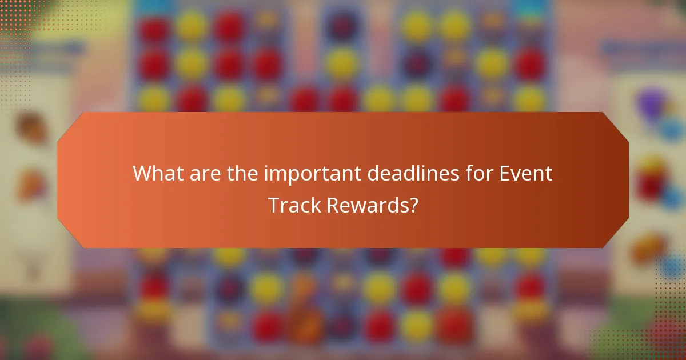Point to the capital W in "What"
(142, 174)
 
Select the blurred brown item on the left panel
(30, 126)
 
